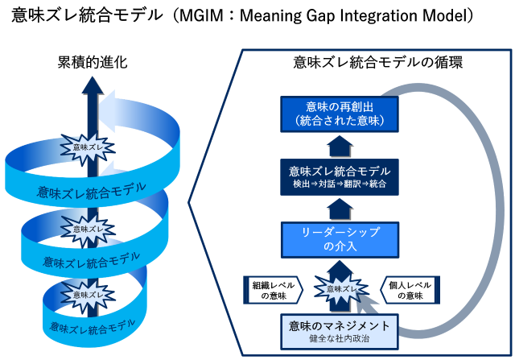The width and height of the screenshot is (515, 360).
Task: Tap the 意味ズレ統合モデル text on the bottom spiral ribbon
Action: click(87, 326)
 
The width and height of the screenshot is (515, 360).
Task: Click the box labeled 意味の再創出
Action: click(340, 114)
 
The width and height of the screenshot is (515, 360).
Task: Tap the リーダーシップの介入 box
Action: click(340, 238)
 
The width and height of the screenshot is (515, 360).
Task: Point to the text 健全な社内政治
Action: click(340, 339)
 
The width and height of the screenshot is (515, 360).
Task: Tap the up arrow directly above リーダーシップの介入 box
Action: click(340, 210)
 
